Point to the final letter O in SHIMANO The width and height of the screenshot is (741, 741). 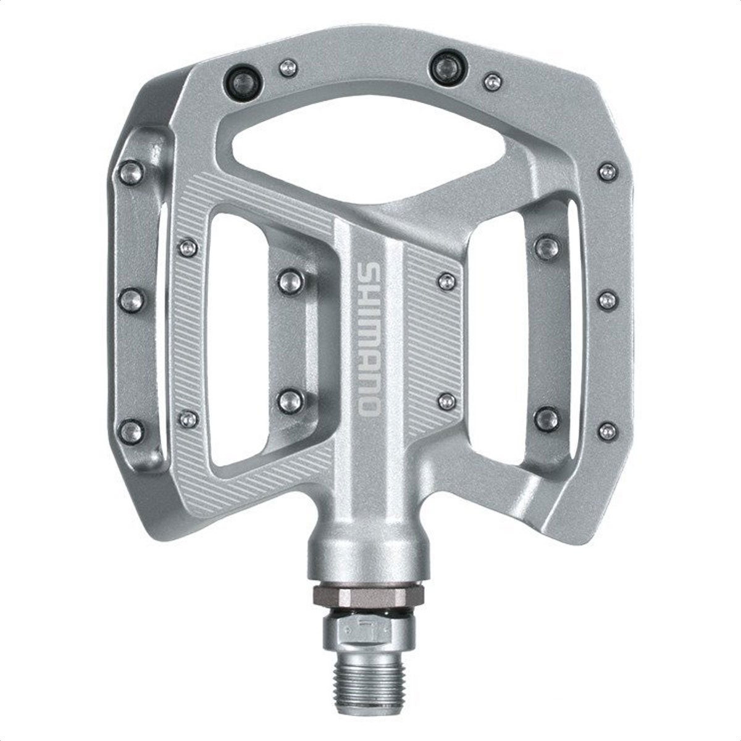tap(369, 407)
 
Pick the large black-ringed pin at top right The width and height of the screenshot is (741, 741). tap(448, 69)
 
